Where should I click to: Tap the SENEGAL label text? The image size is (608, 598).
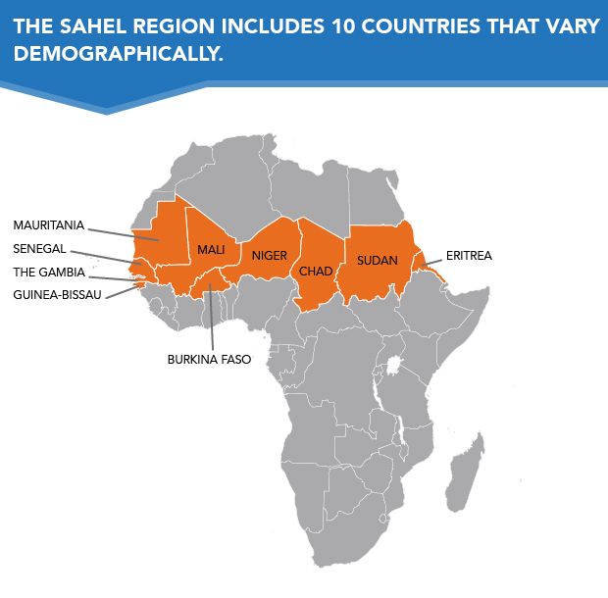pos(39,248)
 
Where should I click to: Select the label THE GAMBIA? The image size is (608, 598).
pos(48,272)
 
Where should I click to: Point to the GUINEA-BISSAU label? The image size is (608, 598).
pos(57,294)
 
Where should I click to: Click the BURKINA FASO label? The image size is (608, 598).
pos(209,359)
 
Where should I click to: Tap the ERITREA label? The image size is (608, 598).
pos(469,255)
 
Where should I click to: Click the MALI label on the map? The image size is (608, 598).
pos(211,250)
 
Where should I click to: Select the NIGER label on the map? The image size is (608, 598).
pos(269,256)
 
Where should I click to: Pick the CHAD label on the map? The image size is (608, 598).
pos(316,271)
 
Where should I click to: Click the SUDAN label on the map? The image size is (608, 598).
pos(377,260)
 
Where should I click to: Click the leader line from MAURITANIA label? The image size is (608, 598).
pos(123,231)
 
